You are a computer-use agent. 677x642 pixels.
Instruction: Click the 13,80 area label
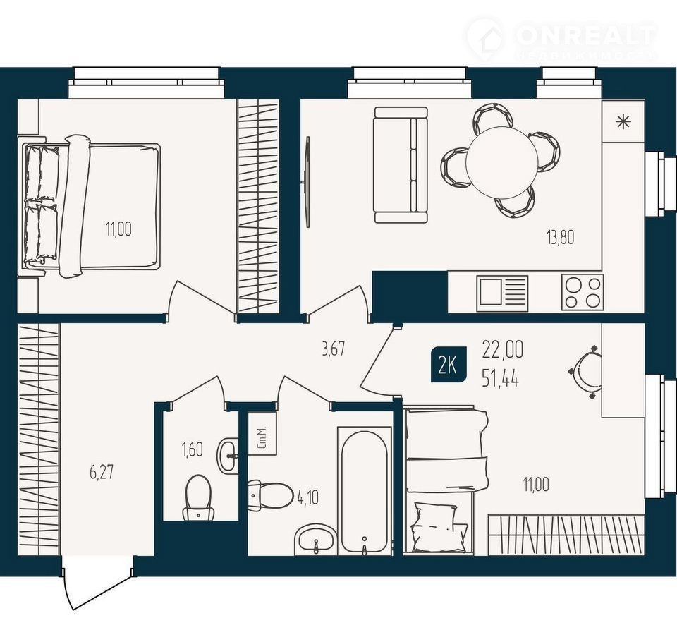click(561, 237)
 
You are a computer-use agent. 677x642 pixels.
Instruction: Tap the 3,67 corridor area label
click(334, 349)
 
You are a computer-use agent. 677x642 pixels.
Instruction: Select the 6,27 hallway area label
click(102, 472)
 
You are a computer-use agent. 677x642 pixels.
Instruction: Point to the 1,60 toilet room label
click(192, 449)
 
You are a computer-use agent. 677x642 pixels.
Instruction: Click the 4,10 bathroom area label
click(308, 497)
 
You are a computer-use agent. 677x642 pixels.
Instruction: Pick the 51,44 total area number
click(501, 380)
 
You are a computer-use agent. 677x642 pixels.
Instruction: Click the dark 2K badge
click(449, 365)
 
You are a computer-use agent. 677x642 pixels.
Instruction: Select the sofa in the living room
click(401, 165)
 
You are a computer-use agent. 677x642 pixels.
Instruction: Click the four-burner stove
click(583, 291)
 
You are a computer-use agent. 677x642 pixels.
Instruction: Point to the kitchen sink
click(502, 293)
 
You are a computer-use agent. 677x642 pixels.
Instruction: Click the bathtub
click(364, 492)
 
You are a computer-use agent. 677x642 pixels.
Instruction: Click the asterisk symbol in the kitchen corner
click(623, 121)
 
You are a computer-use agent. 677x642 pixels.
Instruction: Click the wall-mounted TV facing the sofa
click(307, 181)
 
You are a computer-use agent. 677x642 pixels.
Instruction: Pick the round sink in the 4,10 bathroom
click(315, 540)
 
